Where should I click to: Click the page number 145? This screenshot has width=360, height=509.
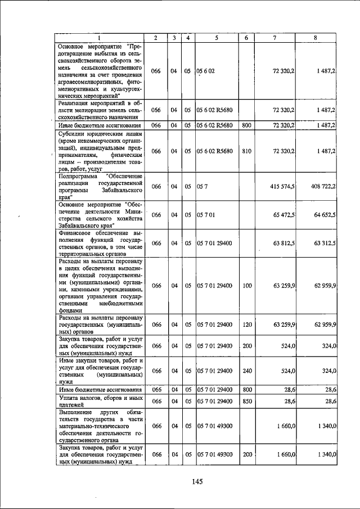[x=196, y=481]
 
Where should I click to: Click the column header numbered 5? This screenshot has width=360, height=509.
[x=216, y=38]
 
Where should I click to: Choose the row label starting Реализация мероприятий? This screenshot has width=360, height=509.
[x=99, y=110]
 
